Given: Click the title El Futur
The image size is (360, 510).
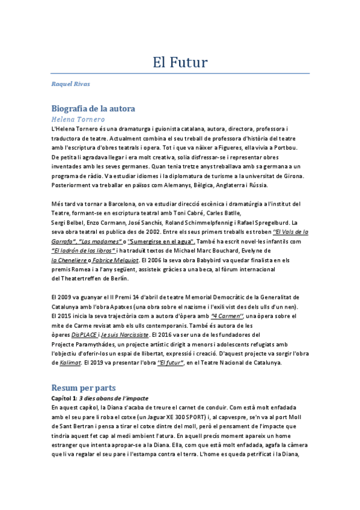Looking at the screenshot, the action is [x=180, y=62].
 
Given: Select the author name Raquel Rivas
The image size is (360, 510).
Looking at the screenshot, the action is [x=71, y=84].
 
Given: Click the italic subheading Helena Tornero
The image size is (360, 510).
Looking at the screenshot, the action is [x=78, y=119].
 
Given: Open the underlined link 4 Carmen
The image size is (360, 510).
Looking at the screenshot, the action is [x=226, y=315].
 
